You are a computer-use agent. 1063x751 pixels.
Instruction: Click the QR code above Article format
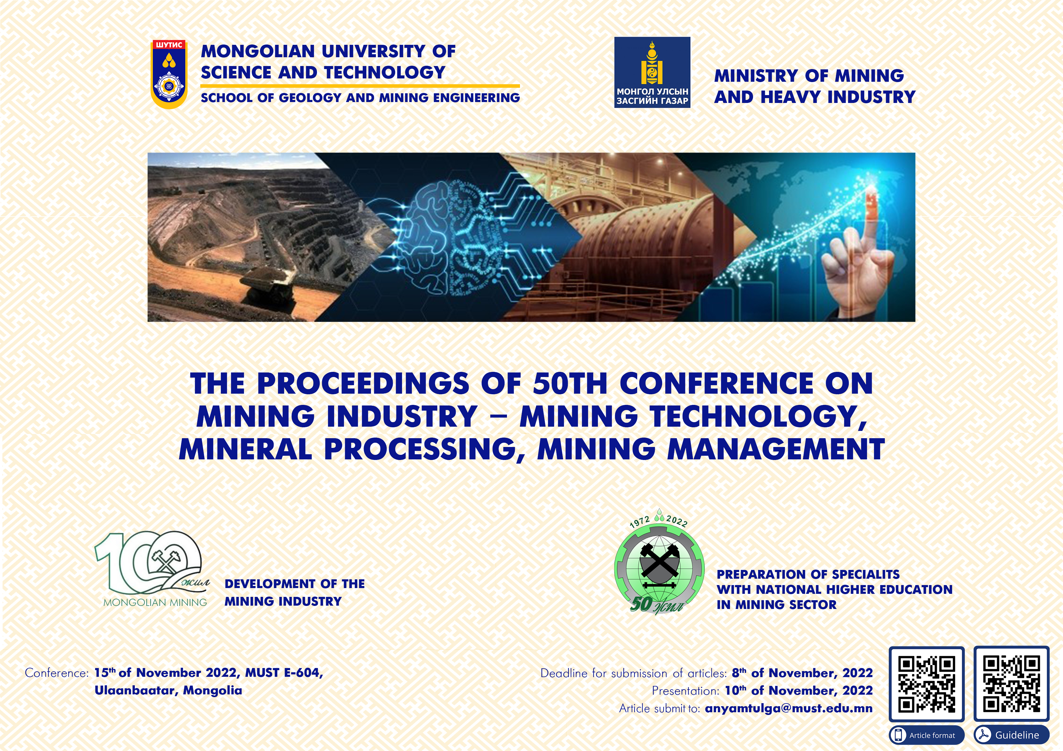pos(926,684)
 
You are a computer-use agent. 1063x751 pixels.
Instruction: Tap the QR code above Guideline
pos(1011,684)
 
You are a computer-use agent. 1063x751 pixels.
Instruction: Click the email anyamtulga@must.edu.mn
pos(788,708)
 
